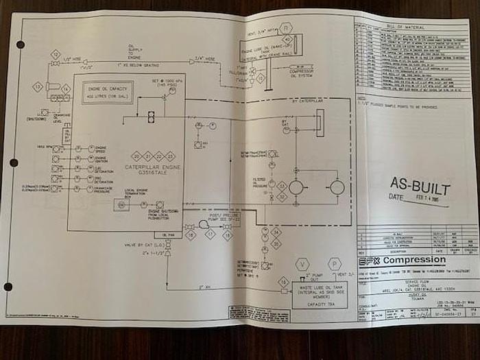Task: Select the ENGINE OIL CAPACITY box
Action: (109, 94)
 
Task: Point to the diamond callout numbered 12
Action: (55, 54)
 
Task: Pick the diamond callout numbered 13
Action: (38, 87)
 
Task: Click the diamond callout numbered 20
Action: (136, 156)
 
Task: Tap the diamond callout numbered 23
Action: (171, 156)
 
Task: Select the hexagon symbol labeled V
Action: (304, 264)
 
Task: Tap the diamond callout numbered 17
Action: (211, 235)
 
